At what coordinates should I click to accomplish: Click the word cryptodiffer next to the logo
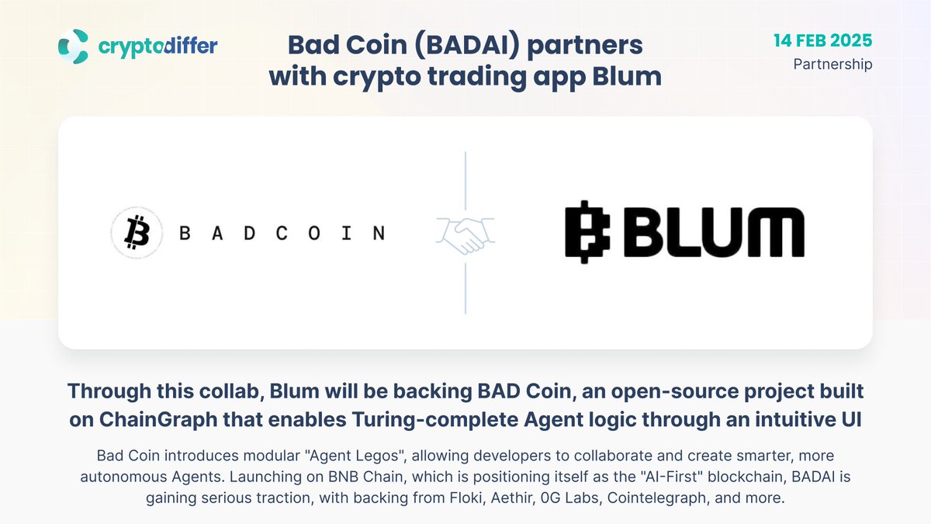click(x=158, y=46)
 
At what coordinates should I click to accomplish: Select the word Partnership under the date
click(x=832, y=64)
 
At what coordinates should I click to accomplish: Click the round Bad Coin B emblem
click(x=137, y=232)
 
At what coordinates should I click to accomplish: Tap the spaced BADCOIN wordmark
click(x=282, y=233)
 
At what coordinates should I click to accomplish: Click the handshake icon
click(x=465, y=233)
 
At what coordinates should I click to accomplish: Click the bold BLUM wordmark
click(x=715, y=231)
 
